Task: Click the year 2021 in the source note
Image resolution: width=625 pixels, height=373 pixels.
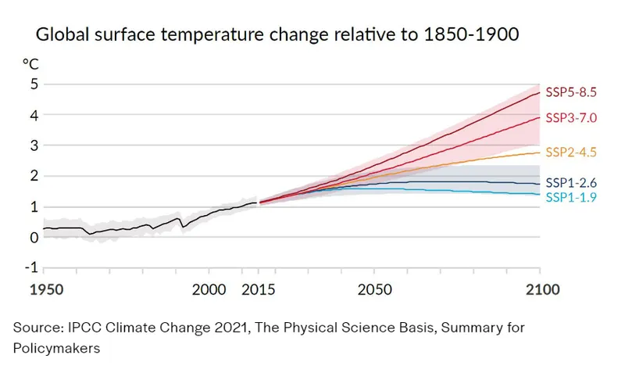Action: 232,328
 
